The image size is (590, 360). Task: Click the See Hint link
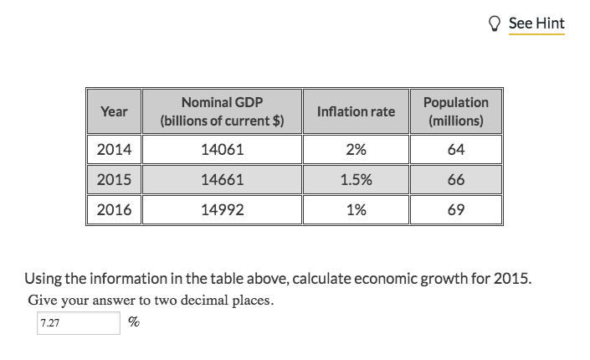(536, 23)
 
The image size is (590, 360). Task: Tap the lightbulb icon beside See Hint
(496, 23)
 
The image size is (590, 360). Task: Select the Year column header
(114, 111)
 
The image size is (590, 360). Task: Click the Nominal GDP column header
(222, 111)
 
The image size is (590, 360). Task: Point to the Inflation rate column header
(356, 111)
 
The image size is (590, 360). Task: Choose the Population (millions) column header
(456, 111)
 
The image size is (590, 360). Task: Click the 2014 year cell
(114, 151)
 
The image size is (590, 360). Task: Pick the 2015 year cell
(114, 180)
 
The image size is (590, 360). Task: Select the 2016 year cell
(114, 210)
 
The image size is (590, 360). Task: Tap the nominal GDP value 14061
(223, 151)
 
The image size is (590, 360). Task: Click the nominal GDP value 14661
(223, 180)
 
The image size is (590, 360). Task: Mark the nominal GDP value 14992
(223, 210)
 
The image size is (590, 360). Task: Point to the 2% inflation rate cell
(356, 151)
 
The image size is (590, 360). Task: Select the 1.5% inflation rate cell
(356, 180)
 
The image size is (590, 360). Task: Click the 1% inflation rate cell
(356, 210)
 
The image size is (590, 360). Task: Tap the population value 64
(456, 151)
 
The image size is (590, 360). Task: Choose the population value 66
(456, 180)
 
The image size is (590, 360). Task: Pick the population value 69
(456, 210)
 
